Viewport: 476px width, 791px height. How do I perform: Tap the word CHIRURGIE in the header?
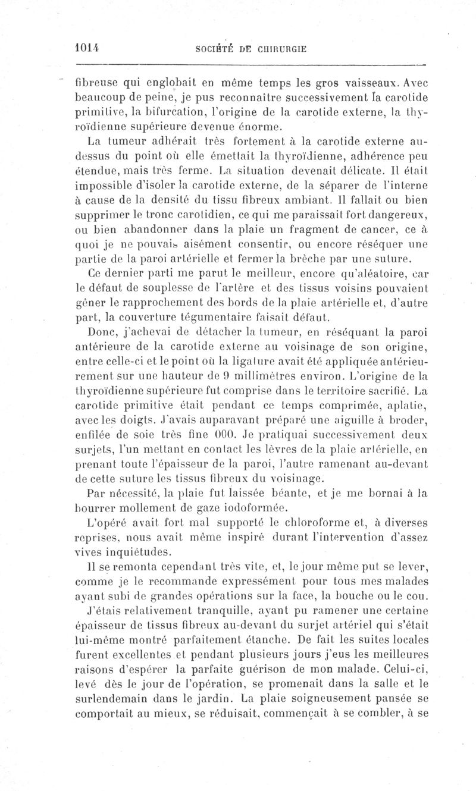click(x=281, y=50)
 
